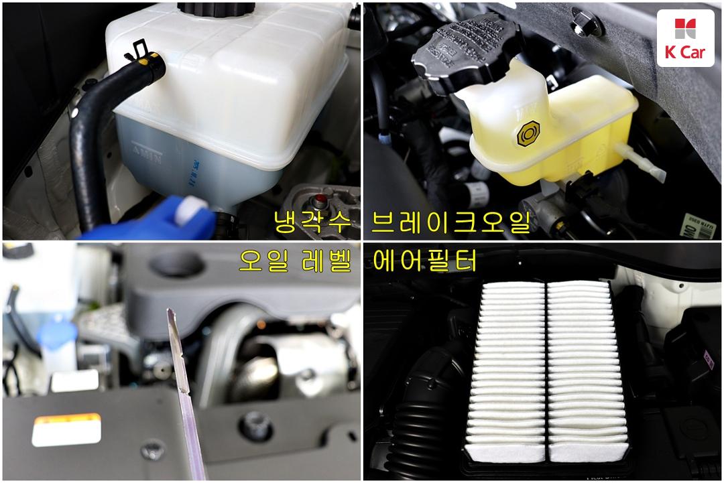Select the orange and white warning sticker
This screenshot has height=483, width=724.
click(66, 429)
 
